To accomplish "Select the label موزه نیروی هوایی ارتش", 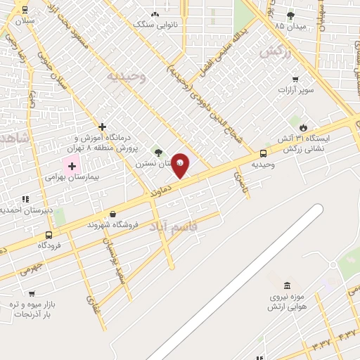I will click(288, 302).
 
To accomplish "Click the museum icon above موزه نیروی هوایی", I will click(287, 285).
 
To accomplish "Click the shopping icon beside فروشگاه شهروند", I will click(112, 214).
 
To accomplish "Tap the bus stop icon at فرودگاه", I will click(49, 235).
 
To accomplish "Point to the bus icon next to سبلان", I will click(26, 10).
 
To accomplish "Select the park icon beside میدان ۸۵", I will click(290, 15).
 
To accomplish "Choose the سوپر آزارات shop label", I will click(295, 90).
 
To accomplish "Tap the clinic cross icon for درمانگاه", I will click(103, 127).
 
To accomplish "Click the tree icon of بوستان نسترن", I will click(158, 152).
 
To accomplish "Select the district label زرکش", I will click(276, 51).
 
